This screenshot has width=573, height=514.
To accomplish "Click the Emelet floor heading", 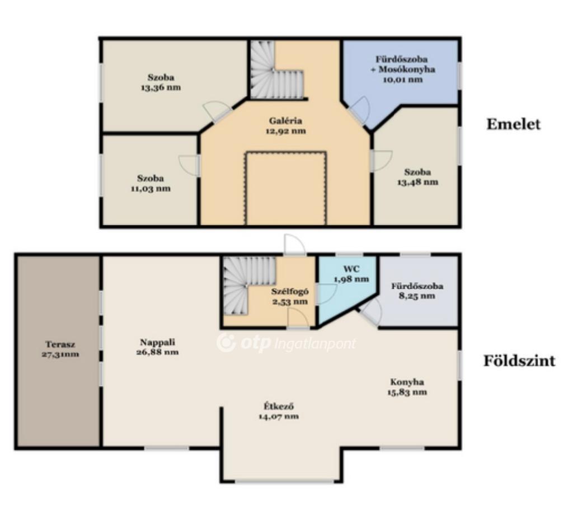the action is [x=513, y=124].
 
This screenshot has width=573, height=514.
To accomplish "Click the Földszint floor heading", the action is [x=519, y=361].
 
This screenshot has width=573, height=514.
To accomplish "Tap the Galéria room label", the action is [x=285, y=120].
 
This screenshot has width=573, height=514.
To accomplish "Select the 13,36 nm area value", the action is [x=161, y=88].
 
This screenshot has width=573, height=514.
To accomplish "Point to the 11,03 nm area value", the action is [x=151, y=189].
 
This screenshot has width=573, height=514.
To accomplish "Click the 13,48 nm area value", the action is [x=417, y=182].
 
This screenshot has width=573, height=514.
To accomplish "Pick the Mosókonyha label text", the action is [x=406, y=69].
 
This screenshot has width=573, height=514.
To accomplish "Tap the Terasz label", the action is [x=60, y=344].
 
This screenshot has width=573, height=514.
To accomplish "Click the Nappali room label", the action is [x=157, y=342].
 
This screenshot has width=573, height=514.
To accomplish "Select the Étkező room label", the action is [x=279, y=406].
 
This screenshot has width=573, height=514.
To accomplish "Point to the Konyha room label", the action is [x=407, y=382].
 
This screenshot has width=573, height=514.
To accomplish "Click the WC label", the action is [x=351, y=269].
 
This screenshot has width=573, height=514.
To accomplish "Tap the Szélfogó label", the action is [x=290, y=292].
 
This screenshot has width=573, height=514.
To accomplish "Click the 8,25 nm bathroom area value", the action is [x=417, y=296].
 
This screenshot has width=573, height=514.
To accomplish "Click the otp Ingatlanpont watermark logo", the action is [x=286, y=343].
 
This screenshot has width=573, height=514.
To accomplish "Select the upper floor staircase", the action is [x=276, y=69].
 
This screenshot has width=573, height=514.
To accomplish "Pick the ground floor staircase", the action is [x=248, y=285].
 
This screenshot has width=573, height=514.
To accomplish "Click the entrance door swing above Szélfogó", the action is [x=294, y=244].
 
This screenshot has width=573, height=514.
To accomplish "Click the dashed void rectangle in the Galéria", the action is [x=286, y=188].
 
